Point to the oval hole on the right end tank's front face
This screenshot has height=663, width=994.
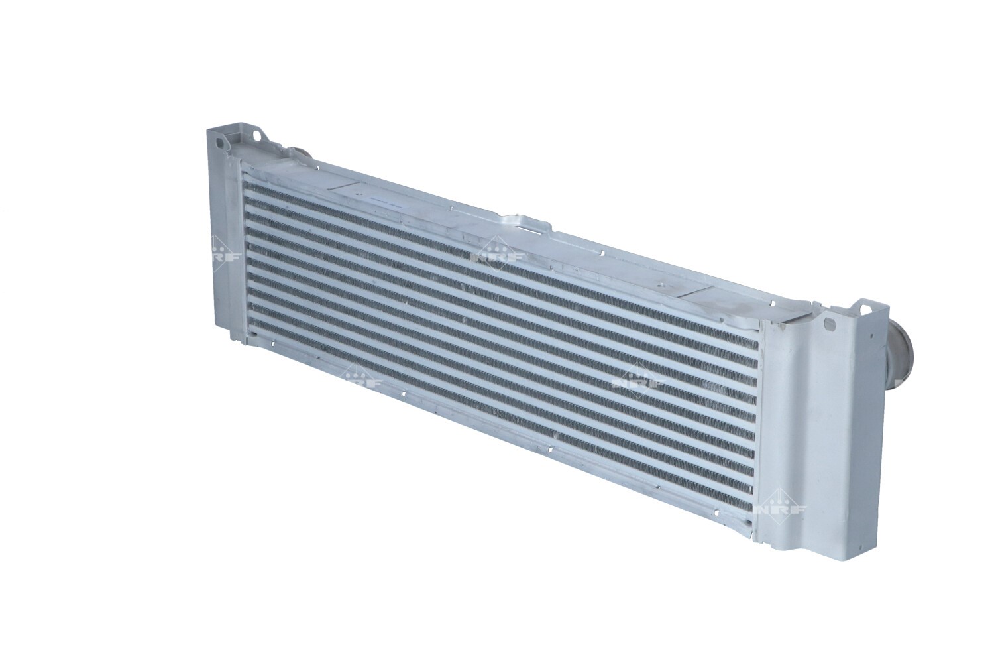tap(828, 322)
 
